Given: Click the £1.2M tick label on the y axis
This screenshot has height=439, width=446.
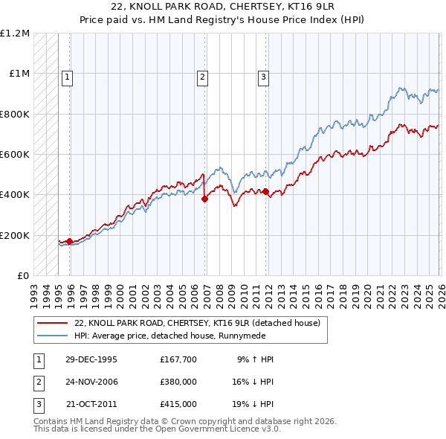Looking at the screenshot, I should pyautogui.click(x=16, y=33).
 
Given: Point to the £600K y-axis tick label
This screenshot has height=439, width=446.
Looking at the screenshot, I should pyautogui.click(x=15, y=155).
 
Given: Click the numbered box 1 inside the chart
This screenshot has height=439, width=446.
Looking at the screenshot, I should pyautogui.click(x=67, y=75).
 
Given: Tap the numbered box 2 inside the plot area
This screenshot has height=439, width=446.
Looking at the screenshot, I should pyautogui.click(x=202, y=75).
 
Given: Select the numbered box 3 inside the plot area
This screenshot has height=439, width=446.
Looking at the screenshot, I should pyautogui.click(x=263, y=75).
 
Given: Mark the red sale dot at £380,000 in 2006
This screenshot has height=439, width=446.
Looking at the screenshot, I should pyautogui.click(x=204, y=199).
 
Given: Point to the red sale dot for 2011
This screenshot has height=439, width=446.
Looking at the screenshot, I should pyautogui.click(x=265, y=192).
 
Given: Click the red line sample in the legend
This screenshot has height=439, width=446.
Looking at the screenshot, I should pyautogui.click(x=52, y=324).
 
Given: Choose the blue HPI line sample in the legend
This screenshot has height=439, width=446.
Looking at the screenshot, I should pyautogui.click(x=52, y=336).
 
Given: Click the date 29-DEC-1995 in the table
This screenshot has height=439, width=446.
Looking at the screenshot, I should pyautogui.click(x=91, y=359).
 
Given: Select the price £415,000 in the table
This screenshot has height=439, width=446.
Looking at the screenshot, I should pyautogui.click(x=178, y=404).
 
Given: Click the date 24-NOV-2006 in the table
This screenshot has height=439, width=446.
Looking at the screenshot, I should pyautogui.click(x=91, y=382).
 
